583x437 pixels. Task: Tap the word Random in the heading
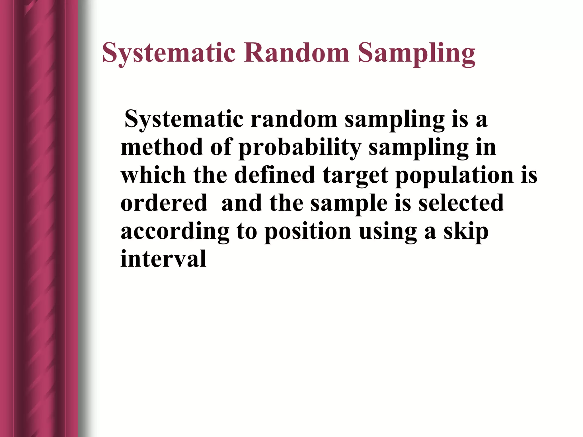[296, 53]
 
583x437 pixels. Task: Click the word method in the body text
[161, 147]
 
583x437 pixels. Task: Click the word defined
[274, 175]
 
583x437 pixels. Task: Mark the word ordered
[164, 203]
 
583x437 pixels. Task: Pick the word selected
[461, 203]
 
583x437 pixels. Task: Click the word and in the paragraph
[242, 203]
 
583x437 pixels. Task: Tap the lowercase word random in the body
[294, 119]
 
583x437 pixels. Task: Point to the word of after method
[221, 147]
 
